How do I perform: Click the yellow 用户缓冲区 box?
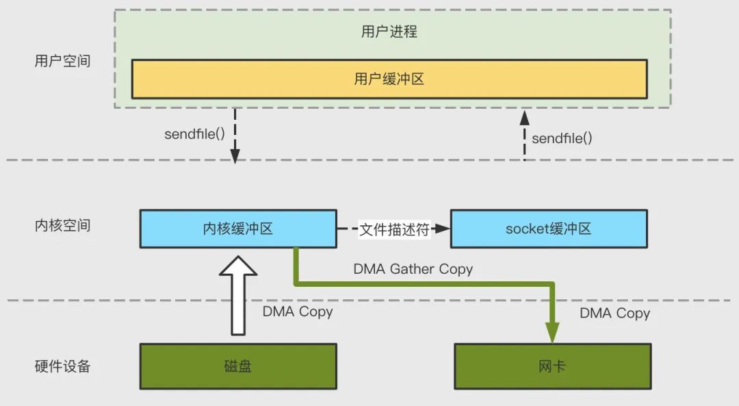click(389, 79)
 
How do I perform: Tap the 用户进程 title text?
click(389, 31)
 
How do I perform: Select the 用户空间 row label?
click(62, 60)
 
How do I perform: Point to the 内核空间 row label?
click(62, 225)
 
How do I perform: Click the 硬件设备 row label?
click(62, 366)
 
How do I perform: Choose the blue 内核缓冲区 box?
click(237, 229)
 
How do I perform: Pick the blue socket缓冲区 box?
click(548, 229)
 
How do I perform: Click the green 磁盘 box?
click(237, 366)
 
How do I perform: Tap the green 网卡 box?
click(552, 366)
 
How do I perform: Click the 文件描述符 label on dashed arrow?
click(394, 229)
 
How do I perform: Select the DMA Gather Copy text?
click(413, 269)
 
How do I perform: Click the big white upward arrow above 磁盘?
click(238, 294)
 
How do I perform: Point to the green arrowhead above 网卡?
click(552, 332)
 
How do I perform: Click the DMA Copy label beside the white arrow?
click(298, 312)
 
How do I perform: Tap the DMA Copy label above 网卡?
click(614, 313)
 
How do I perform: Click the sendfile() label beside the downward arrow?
click(194, 134)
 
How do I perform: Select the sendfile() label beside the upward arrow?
click(562, 138)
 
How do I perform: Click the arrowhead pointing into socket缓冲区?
click(443, 229)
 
